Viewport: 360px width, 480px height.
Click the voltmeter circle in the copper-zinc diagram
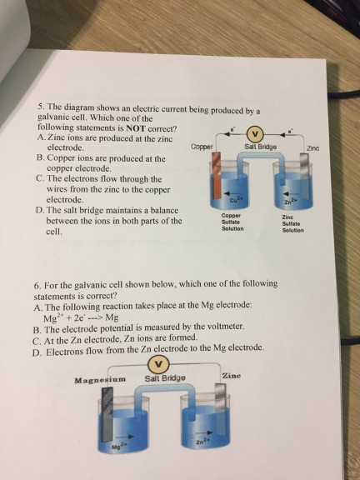[257, 133]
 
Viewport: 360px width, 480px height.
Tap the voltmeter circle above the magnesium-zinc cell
[158, 364]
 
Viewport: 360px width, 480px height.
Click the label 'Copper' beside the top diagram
[202, 147]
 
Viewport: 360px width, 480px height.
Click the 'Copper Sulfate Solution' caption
[232, 222]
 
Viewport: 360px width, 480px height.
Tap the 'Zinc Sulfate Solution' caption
[293, 223]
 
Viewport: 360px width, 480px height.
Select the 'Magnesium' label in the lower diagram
[100, 380]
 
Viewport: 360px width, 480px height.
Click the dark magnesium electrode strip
[107, 414]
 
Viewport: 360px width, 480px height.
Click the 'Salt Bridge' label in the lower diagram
[165, 378]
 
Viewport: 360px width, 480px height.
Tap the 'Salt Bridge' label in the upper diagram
[261, 147]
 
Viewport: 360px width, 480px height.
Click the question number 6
[37, 286]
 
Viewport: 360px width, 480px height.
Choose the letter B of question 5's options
[40, 158]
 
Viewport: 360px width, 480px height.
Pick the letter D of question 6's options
[37, 352]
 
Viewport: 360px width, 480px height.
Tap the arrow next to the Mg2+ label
[127, 436]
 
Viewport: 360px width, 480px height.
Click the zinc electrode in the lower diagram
[220, 409]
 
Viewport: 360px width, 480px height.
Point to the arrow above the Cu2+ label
[232, 192]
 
